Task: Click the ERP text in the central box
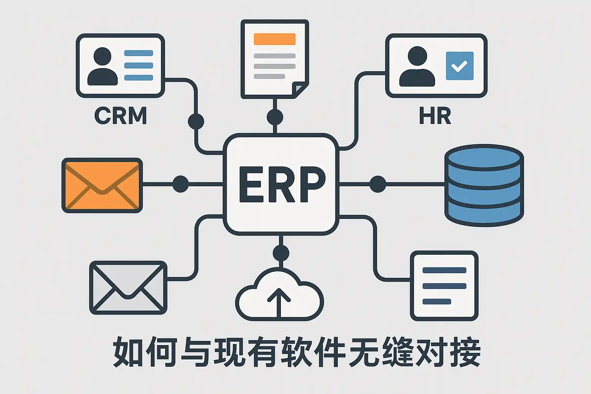tap(281, 185)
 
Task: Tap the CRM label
tap(121, 115)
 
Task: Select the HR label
tap(435, 115)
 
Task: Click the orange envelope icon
tap(102, 185)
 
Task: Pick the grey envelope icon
tap(128, 287)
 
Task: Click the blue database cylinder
tap(484, 185)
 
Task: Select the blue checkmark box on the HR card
tap(459, 66)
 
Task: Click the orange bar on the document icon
tap(275, 39)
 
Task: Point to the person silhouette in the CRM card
tap(102, 66)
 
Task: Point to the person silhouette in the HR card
tap(417, 66)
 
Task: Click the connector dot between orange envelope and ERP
tap(180, 184)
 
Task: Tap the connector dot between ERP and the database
tap(377, 184)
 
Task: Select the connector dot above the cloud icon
tap(280, 253)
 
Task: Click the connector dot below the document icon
tap(275, 117)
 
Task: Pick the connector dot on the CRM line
tap(196, 121)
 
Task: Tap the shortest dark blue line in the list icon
tap(437, 301)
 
